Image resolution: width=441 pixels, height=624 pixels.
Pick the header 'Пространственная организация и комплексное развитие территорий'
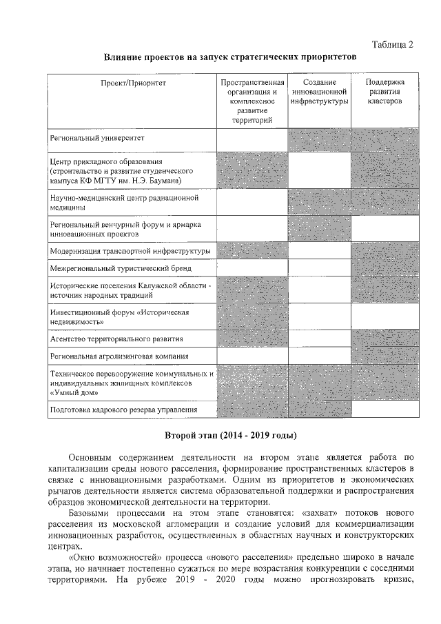pos(252,101)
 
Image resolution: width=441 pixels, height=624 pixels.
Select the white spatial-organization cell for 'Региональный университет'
pos(252,139)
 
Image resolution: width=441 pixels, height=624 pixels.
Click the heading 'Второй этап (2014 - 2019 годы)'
pos(230,436)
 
